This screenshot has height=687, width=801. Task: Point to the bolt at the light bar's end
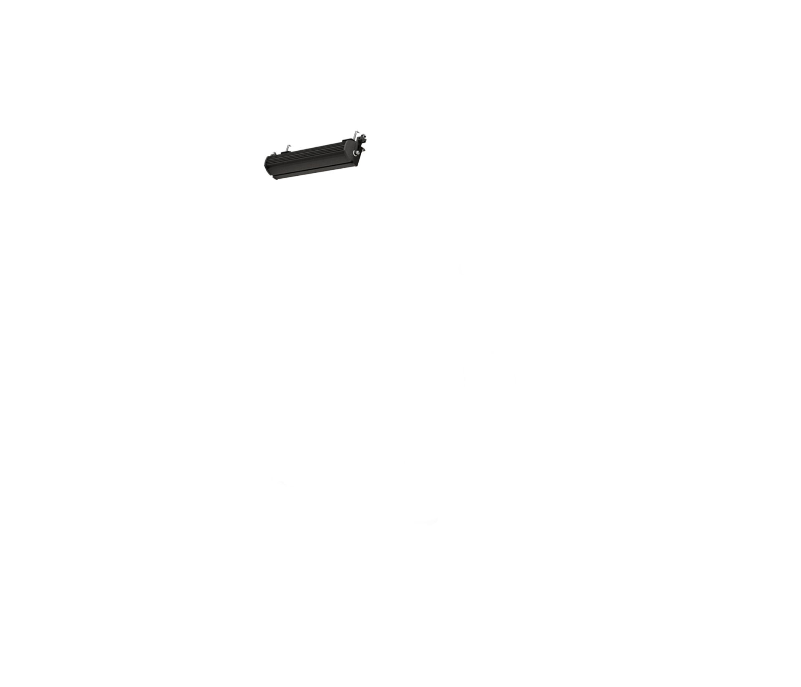(357, 153)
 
